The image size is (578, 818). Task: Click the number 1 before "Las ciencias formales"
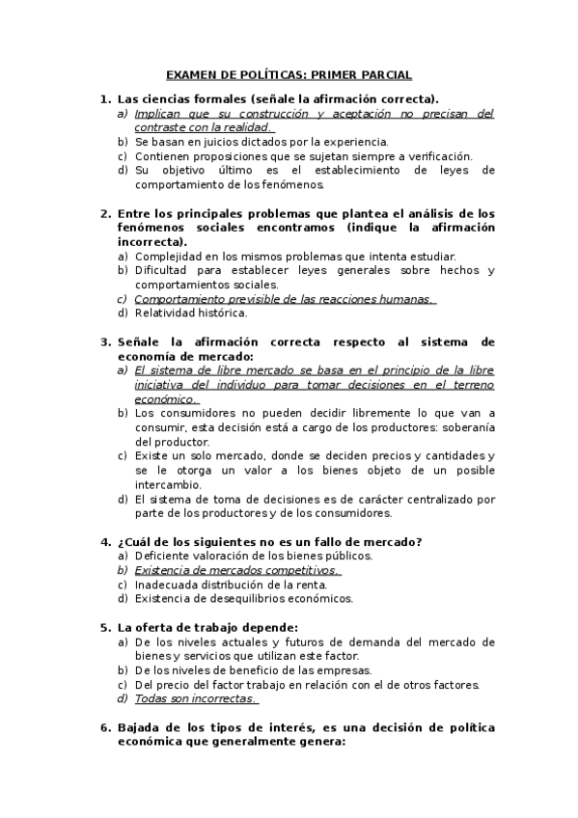[104, 99]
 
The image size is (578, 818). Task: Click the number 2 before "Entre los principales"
[104, 213]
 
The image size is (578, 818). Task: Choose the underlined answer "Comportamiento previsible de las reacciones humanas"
[284, 299]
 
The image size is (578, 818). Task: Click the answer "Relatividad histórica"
[191, 313]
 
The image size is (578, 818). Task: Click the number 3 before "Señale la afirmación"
[104, 341]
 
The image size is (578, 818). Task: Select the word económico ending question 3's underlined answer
[165, 398]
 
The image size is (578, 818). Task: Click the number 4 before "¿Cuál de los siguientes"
[104, 541]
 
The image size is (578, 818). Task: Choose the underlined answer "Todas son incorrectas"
[195, 698]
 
